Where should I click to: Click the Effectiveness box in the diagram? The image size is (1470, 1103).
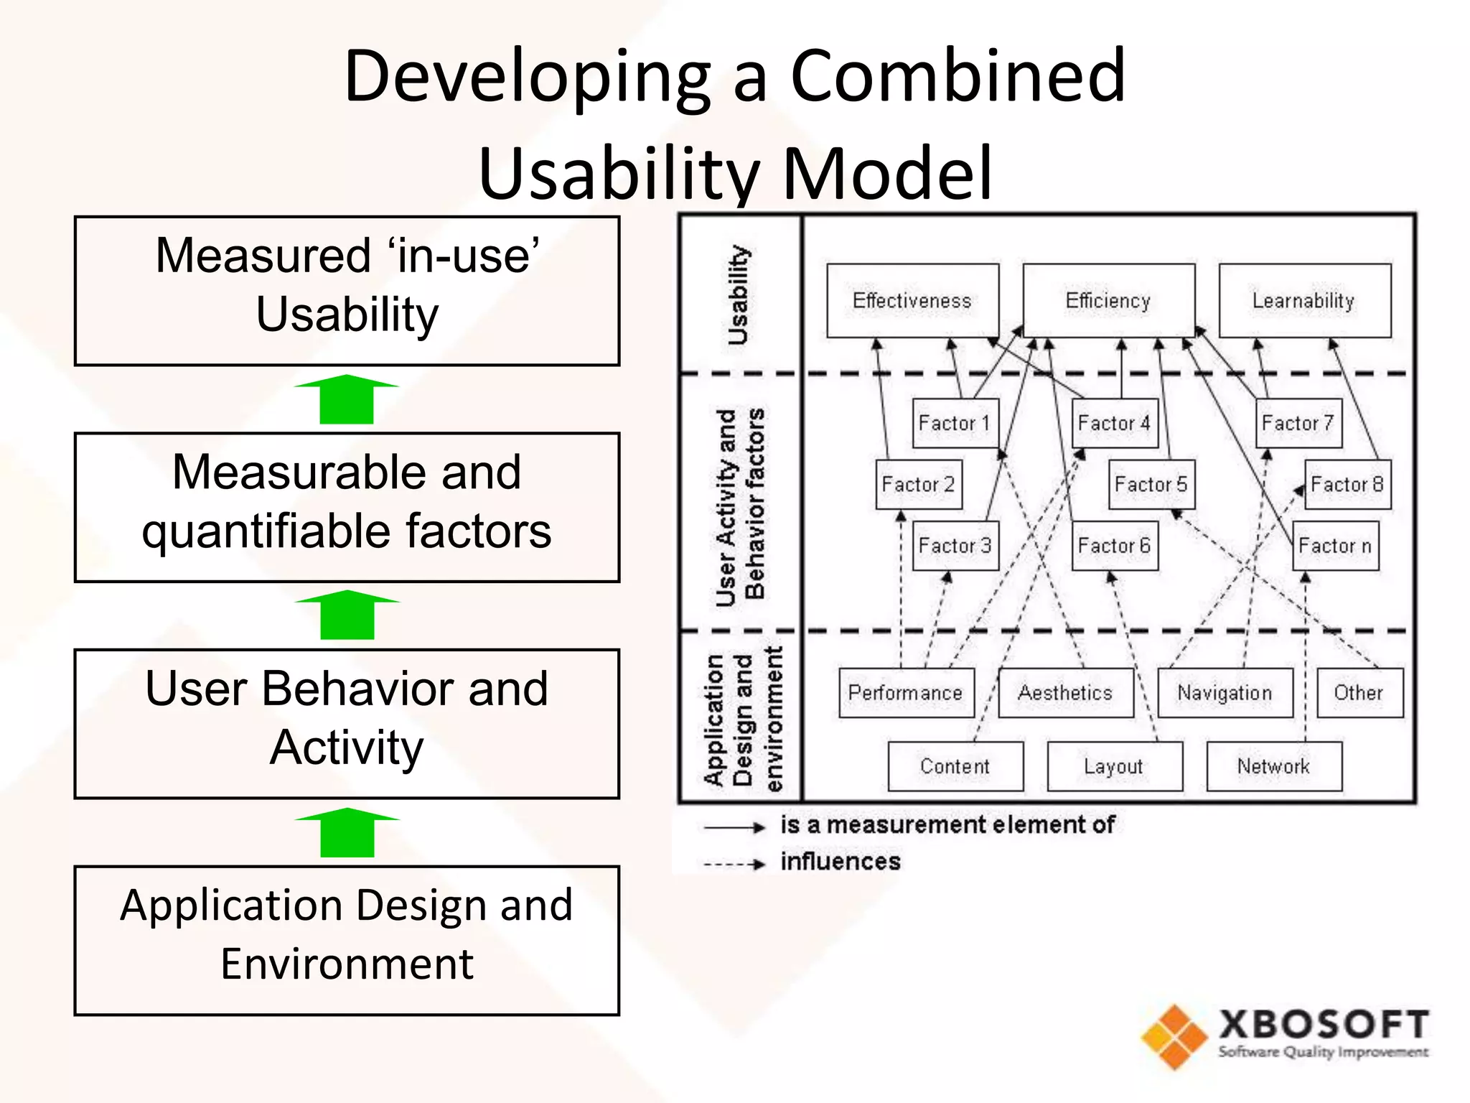click(912, 301)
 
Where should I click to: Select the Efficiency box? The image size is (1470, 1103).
click(1108, 301)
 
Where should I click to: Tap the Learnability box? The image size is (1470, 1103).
click(1304, 301)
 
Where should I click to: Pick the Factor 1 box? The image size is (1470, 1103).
click(955, 424)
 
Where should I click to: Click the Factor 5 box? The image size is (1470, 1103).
click(1151, 485)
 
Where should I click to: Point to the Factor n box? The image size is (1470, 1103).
click(1335, 546)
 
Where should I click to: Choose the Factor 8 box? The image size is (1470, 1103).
click(1347, 485)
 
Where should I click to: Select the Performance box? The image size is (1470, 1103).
click(906, 693)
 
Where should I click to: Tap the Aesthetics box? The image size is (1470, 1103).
click(1065, 693)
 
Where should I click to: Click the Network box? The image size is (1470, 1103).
click(1273, 766)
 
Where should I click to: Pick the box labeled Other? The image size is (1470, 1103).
click(1359, 693)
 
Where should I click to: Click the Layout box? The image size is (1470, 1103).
click(1114, 766)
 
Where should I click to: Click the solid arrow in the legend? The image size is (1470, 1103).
click(734, 828)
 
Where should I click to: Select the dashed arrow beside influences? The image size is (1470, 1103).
click(734, 865)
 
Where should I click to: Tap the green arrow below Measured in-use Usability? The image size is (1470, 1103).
click(347, 399)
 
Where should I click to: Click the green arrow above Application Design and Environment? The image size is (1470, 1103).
click(347, 832)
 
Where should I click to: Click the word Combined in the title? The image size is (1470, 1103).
click(958, 76)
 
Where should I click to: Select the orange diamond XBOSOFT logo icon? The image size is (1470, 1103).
click(1175, 1037)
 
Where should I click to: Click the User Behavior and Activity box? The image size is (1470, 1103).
click(347, 723)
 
